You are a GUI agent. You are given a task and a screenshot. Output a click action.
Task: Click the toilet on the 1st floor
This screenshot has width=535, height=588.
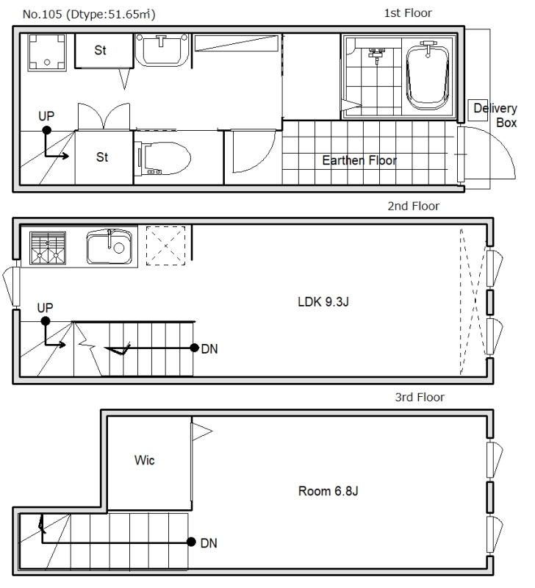pos(164,158)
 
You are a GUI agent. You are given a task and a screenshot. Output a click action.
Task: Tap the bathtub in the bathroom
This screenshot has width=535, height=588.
pos(428,76)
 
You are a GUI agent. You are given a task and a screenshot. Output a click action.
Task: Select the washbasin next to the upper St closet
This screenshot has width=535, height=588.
pos(162,50)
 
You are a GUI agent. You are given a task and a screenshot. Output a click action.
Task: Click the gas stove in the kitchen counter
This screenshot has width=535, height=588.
pos(48,248)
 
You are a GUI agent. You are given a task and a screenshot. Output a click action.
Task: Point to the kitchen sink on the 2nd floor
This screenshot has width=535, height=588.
pos(109,247)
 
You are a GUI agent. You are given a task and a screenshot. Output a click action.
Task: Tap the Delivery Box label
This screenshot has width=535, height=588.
pos(495,115)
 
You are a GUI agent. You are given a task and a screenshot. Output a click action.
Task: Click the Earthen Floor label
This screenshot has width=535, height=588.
pos(359,160)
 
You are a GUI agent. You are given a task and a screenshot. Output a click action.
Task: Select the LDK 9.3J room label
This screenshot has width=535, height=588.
pos(323,301)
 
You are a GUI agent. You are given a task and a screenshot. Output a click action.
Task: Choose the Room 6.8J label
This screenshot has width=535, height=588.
pos(328,491)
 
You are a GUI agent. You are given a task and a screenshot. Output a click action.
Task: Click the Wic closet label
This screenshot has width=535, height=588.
pos(144,460)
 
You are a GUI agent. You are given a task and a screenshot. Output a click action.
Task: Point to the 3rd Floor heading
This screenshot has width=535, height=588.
pos(420,397)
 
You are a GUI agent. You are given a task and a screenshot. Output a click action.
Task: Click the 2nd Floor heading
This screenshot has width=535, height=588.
pos(413,206)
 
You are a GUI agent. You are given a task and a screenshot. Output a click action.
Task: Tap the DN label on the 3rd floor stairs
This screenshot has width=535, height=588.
pos(209,543)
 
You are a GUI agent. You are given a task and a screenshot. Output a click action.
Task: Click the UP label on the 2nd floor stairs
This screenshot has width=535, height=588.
pos(45,308)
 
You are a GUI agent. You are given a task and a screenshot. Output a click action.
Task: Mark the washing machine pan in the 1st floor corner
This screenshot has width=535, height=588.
pos(47,52)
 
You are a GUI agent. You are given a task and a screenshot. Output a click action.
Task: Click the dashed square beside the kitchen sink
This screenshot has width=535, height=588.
pos(165,245)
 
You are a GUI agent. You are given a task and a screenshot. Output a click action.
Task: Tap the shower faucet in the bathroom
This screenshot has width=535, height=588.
pos(376,54)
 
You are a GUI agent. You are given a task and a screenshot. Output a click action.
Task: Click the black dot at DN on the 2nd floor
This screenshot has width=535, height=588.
pos(194,348)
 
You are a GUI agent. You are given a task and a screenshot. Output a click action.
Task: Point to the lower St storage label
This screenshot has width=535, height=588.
pos(102,157)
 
